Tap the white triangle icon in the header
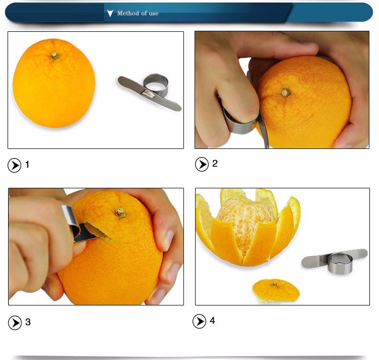click(110, 13)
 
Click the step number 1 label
click(27, 165)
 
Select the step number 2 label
click(215, 164)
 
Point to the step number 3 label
click(28, 322)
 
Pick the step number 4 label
click(212, 321)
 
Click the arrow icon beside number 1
click(15, 166)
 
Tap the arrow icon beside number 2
click(202, 165)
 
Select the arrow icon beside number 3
click(15, 323)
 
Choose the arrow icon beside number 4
click(200, 321)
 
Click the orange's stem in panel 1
click(55, 56)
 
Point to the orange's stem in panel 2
click(286, 92)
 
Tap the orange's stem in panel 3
click(120, 212)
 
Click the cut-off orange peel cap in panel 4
click(276, 291)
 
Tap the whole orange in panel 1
click(54, 83)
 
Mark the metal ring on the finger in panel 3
click(71, 220)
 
